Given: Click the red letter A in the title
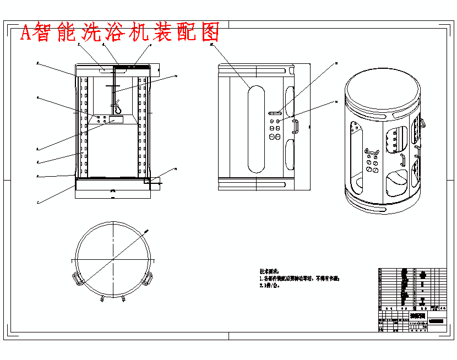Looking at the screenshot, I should (26, 33).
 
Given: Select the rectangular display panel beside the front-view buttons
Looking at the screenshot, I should (116, 119).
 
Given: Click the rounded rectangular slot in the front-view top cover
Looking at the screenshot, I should (105, 70).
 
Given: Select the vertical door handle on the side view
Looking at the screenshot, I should (295, 127).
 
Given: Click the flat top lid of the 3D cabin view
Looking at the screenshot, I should (383, 90).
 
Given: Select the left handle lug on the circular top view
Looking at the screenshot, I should (78, 280).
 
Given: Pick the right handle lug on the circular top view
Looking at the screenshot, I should (147, 279).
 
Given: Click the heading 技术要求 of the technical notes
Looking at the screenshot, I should (270, 271).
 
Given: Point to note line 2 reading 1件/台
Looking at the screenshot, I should (270, 286).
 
